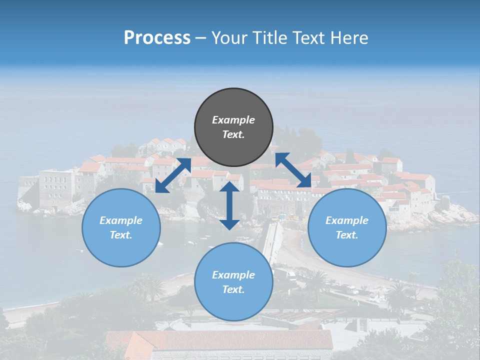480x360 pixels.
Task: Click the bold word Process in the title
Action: tap(157, 38)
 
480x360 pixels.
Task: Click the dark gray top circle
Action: tap(233, 127)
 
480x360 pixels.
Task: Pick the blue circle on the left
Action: tap(121, 227)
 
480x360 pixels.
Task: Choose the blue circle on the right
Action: tap(347, 227)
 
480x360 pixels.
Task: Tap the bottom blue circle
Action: tap(233, 282)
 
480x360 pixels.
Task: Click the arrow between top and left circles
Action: tap(173, 175)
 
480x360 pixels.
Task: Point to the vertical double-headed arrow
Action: tap(229, 205)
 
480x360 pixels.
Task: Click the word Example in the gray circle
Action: tap(233, 120)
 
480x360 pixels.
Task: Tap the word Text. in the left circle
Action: tap(121, 235)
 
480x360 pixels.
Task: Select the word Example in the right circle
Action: tap(347, 220)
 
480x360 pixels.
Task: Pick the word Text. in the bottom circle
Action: tap(233, 289)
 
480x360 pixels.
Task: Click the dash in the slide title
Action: tap(201, 38)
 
